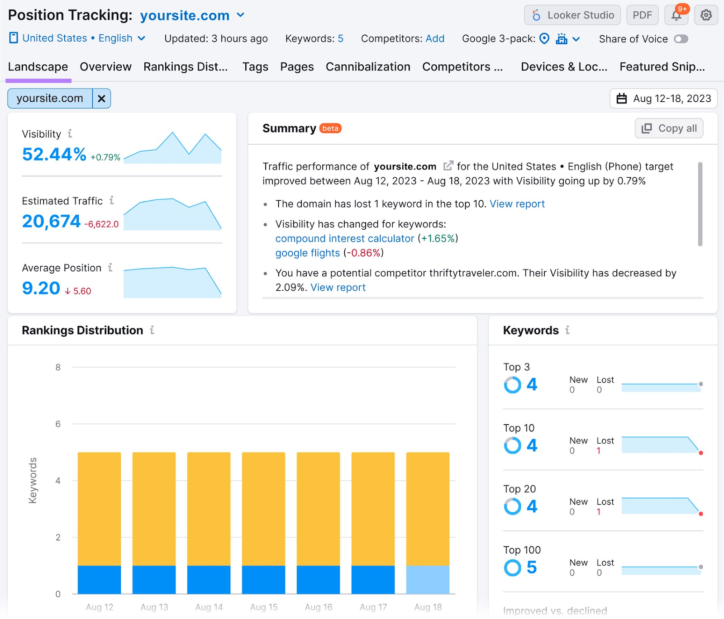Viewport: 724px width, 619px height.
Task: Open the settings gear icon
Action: point(705,15)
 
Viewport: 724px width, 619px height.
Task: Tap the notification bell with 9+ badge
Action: point(676,15)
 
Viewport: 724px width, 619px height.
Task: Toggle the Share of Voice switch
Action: point(681,39)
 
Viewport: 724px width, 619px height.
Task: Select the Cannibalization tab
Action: point(367,67)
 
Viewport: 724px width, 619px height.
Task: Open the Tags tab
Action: point(255,67)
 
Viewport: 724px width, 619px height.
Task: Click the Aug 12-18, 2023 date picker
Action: point(663,99)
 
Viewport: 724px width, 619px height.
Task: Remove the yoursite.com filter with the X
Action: point(102,99)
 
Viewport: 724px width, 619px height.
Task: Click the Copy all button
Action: point(669,128)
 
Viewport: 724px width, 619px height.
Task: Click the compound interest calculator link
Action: point(344,239)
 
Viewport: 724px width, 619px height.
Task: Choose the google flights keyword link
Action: point(307,253)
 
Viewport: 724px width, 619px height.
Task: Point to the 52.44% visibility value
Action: point(54,155)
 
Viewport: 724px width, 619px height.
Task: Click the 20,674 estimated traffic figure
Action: point(51,222)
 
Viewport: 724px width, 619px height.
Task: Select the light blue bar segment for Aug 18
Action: point(428,580)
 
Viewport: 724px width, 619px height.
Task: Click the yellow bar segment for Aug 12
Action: point(99,509)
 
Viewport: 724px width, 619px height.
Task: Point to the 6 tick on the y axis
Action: point(58,424)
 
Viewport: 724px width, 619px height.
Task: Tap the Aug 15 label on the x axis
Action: point(263,607)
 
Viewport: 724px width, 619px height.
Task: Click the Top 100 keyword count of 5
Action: point(532,567)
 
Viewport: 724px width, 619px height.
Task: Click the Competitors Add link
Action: point(435,39)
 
